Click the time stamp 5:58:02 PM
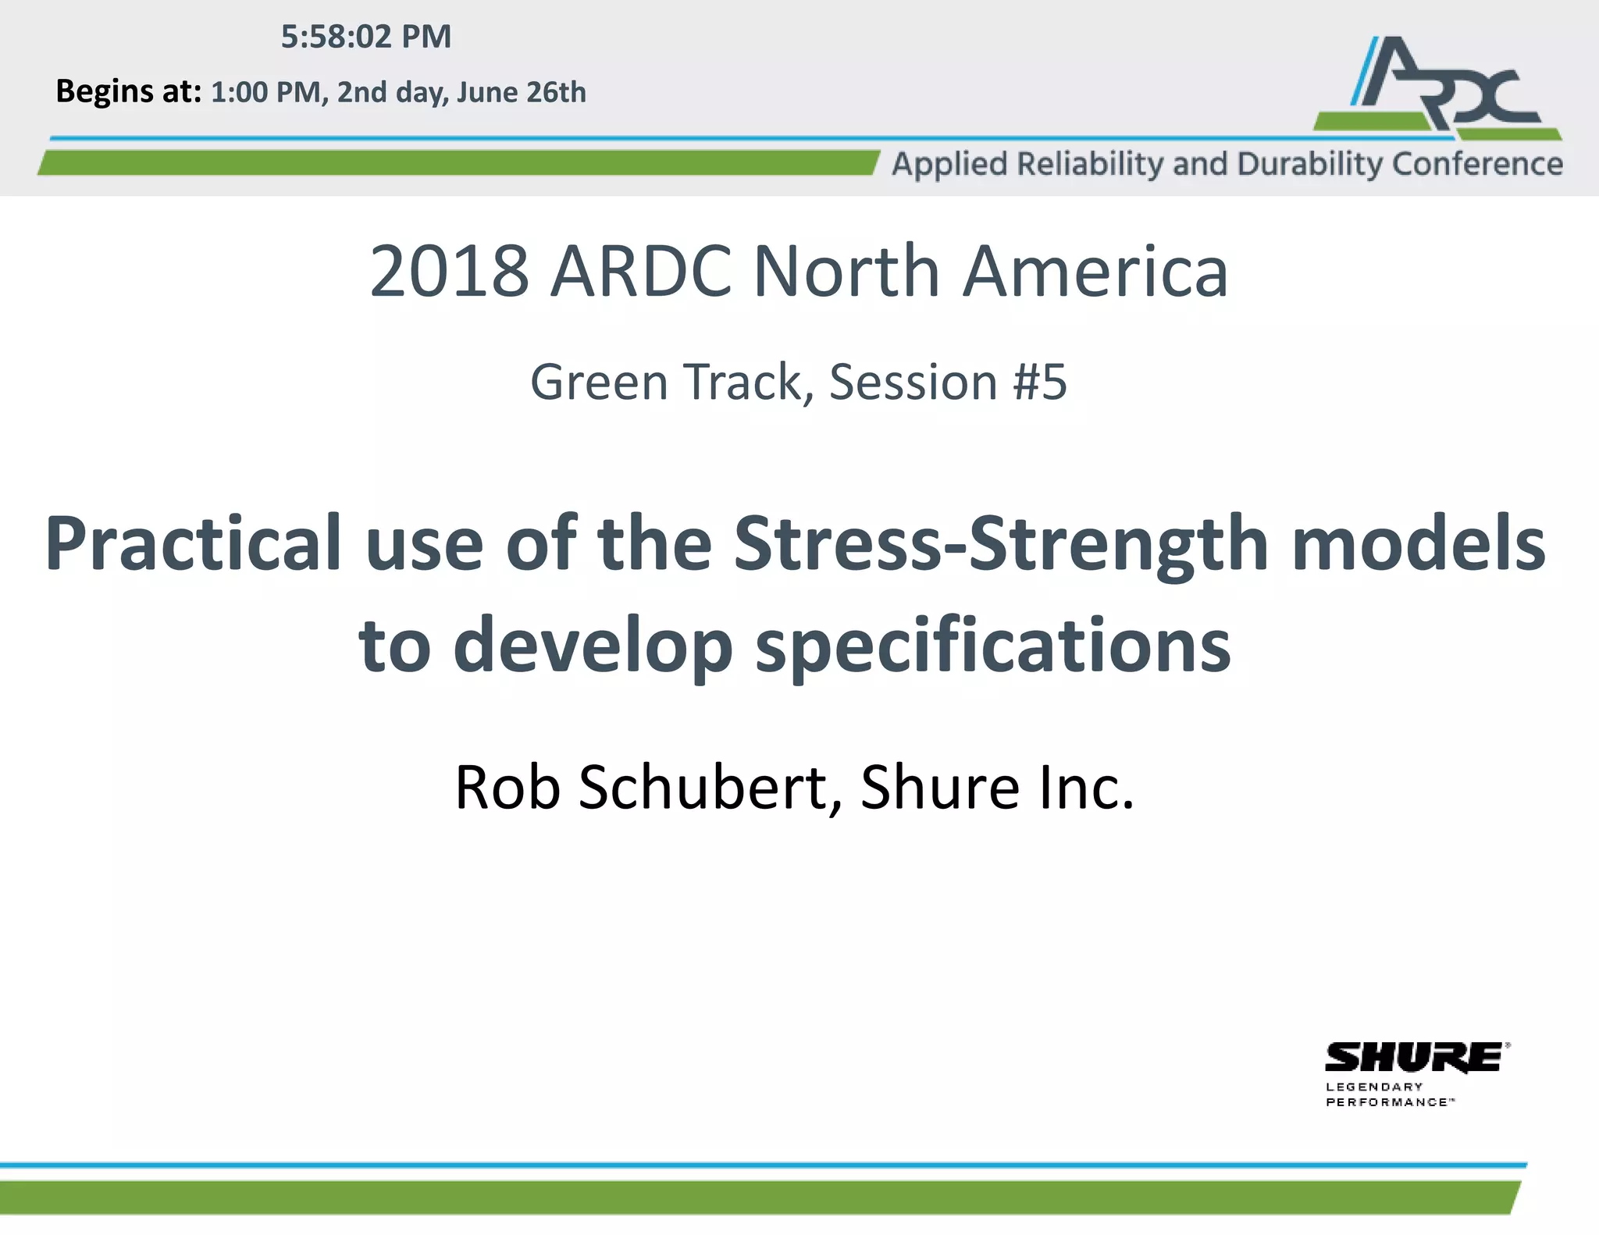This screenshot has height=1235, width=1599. tap(365, 37)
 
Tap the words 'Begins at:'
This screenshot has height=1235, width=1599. tap(129, 91)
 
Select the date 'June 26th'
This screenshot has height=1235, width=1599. tap(521, 92)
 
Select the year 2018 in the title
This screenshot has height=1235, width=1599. tap(449, 271)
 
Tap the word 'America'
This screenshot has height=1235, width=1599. tap(1095, 271)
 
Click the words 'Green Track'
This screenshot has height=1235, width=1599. tap(666, 382)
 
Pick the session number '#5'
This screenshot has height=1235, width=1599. tap(1039, 382)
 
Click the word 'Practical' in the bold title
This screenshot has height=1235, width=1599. tap(193, 543)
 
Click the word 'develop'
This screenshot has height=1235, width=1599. tap(592, 646)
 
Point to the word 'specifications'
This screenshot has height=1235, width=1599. tap(992, 646)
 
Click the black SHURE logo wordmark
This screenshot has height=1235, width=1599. tap(1413, 1058)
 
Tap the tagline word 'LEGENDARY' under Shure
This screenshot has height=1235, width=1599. tap(1373, 1087)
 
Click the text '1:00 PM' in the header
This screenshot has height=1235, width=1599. tap(265, 92)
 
